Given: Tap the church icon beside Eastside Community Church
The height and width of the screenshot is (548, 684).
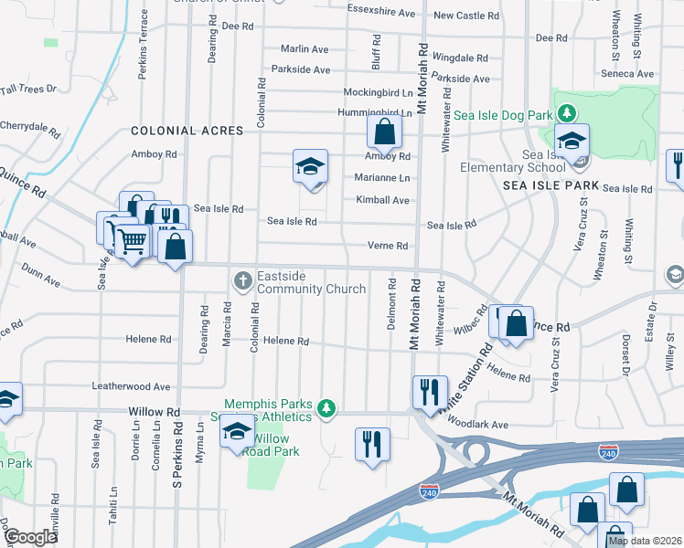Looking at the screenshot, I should [x=243, y=279].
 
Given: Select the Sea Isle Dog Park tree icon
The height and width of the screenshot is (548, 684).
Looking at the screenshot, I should [x=568, y=112].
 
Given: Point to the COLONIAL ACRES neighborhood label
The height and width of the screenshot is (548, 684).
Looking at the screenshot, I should [x=187, y=131].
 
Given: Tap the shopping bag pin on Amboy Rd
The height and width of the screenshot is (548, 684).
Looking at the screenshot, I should [x=384, y=132].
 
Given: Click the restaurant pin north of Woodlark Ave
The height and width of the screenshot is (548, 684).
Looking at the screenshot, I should [x=430, y=392].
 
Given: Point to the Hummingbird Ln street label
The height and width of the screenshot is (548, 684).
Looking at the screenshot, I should [x=376, y=111].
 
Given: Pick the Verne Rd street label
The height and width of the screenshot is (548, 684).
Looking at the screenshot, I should [x=388, y=246].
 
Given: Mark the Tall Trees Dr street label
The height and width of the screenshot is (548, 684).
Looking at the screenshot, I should [x=28, y=89].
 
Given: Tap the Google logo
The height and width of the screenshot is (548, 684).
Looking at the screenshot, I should [x=31, y=537].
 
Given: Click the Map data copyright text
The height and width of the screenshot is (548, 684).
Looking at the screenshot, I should [x=645, y=541].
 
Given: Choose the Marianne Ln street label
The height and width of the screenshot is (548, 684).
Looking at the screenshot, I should [x=382, y=178].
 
